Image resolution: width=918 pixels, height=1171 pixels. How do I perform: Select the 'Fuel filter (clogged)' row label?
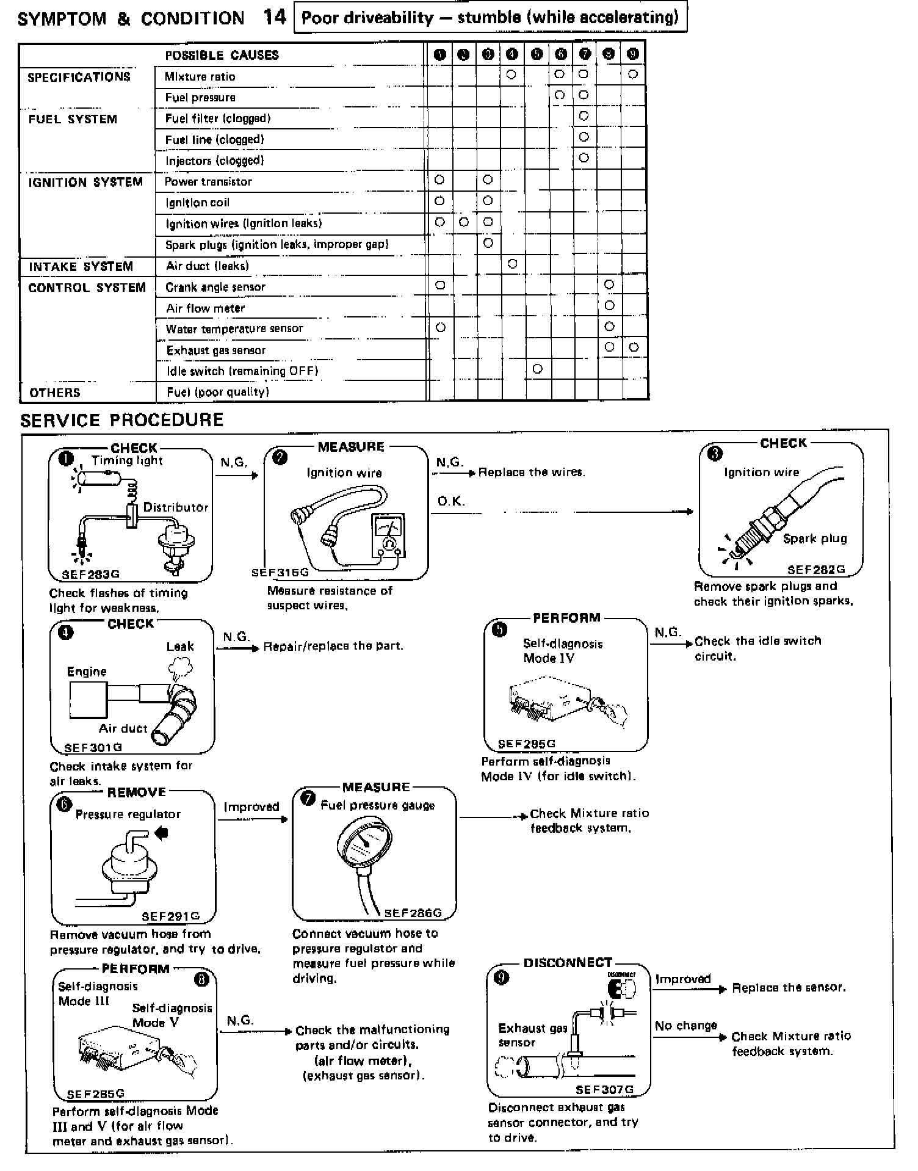point(217,118)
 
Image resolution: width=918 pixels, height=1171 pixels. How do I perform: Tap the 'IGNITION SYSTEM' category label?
point(85,183)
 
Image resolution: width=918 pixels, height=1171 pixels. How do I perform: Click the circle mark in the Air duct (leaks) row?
point(512,264)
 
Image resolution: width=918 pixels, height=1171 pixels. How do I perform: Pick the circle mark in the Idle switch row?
point(537,369)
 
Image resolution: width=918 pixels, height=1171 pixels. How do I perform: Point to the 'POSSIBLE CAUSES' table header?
point(222,56)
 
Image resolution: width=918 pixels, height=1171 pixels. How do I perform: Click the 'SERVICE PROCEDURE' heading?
point(122,420)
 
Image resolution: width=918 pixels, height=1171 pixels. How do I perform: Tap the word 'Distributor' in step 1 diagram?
point(176,507)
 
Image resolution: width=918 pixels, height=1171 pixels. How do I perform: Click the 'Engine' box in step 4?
point(89,699)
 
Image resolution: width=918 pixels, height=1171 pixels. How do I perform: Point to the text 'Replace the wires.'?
point(532,472)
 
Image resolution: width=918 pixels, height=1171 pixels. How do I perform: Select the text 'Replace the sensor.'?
point(789,987)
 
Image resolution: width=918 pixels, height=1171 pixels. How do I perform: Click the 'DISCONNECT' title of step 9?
point(568,963)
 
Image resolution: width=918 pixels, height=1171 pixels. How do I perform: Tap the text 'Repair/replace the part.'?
point(333,646)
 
